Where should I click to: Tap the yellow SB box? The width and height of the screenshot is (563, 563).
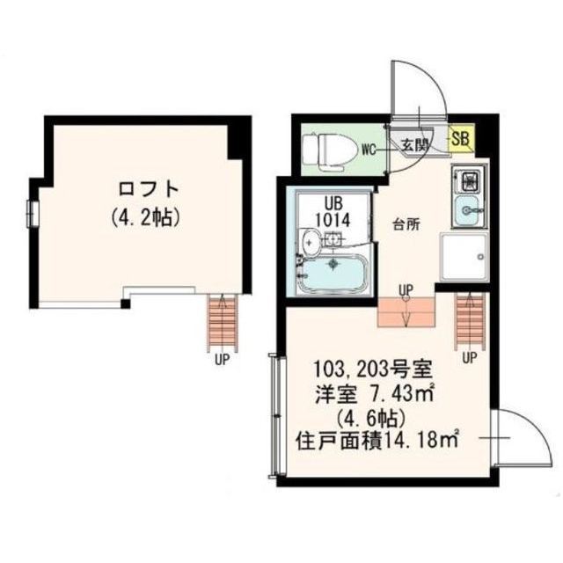tap(460, 137)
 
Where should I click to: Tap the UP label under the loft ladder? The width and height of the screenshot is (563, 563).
tap(219, 358)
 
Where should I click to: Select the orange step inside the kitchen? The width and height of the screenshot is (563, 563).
tap(406, 311)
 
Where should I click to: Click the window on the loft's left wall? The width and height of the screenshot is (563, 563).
tap(33, 213)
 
